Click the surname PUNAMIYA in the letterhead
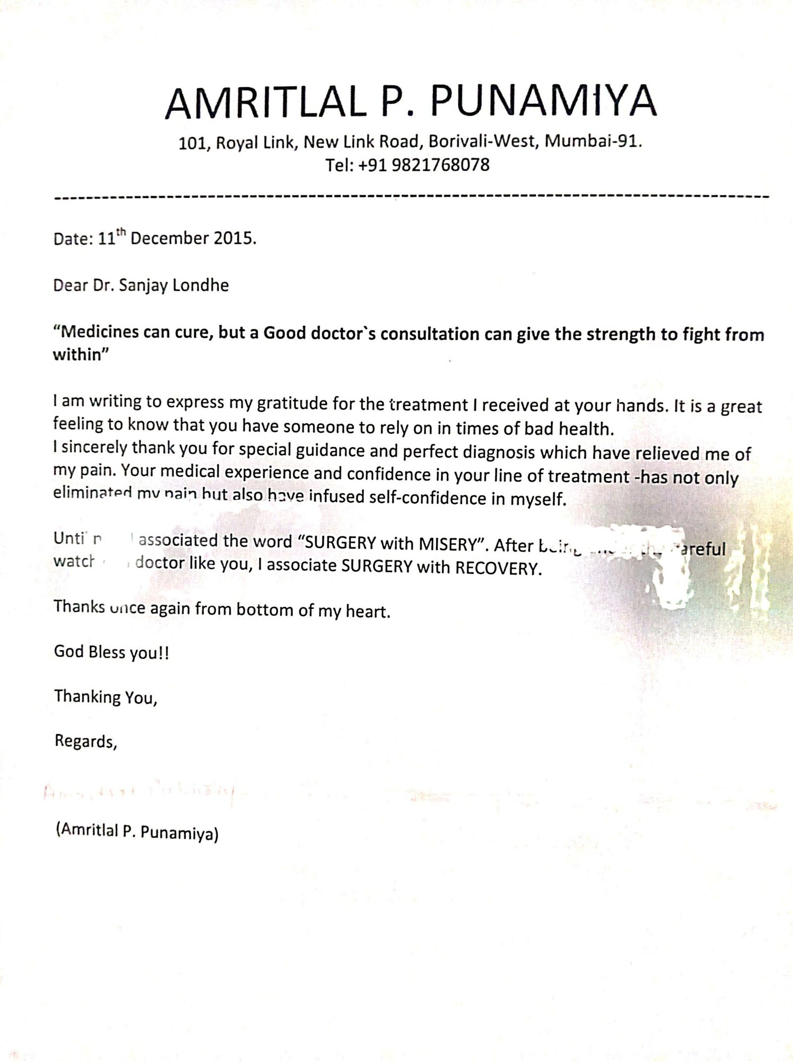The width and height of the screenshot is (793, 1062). pos(543,102)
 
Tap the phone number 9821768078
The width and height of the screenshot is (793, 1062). pos(440,165)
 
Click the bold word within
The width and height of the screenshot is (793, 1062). pos(77,355)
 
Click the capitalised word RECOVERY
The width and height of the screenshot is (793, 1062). pos(496,568)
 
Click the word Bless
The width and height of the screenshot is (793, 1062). pos(107,652)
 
